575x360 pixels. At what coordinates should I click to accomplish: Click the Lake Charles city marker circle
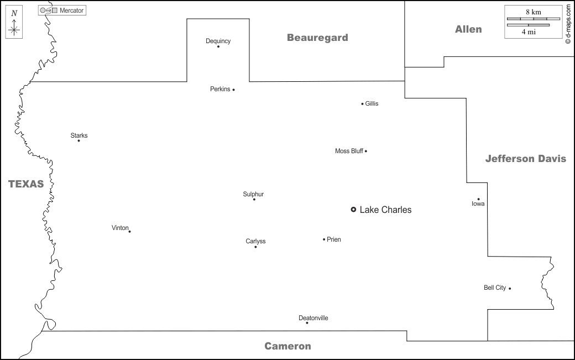click(353, 210)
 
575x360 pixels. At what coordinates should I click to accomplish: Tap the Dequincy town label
click(218, 41)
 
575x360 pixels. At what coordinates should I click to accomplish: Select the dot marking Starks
click(79, 140)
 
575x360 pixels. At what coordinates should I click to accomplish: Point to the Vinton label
click(119, 228)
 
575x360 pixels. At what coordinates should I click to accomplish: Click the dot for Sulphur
click(254, 199)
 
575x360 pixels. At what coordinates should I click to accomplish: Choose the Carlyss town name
click(255, 241)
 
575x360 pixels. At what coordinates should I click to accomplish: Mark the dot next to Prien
click(324, 239)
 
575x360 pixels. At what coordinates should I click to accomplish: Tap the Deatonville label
click(313, 318)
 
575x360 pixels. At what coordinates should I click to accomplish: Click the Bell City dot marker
click(510, 288)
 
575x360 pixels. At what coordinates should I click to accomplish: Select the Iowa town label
click(478, 204)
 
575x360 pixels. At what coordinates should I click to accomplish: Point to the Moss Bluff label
click(349, 151)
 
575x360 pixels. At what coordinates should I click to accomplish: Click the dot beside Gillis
click(362, 103)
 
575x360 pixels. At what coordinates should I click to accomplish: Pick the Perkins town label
click(220, 89)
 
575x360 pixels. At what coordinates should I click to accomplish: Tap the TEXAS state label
click(26, 184)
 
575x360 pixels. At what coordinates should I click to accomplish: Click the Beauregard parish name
click(317, 38)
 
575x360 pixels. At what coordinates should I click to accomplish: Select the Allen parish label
click(468, 29)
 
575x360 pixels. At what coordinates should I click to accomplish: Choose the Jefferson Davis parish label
click(525, 159)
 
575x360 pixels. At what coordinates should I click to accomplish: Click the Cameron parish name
click(287, 346)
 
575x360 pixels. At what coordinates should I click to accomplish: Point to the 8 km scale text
click(533, 12)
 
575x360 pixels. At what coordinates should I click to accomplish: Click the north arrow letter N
click(14, 13)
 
